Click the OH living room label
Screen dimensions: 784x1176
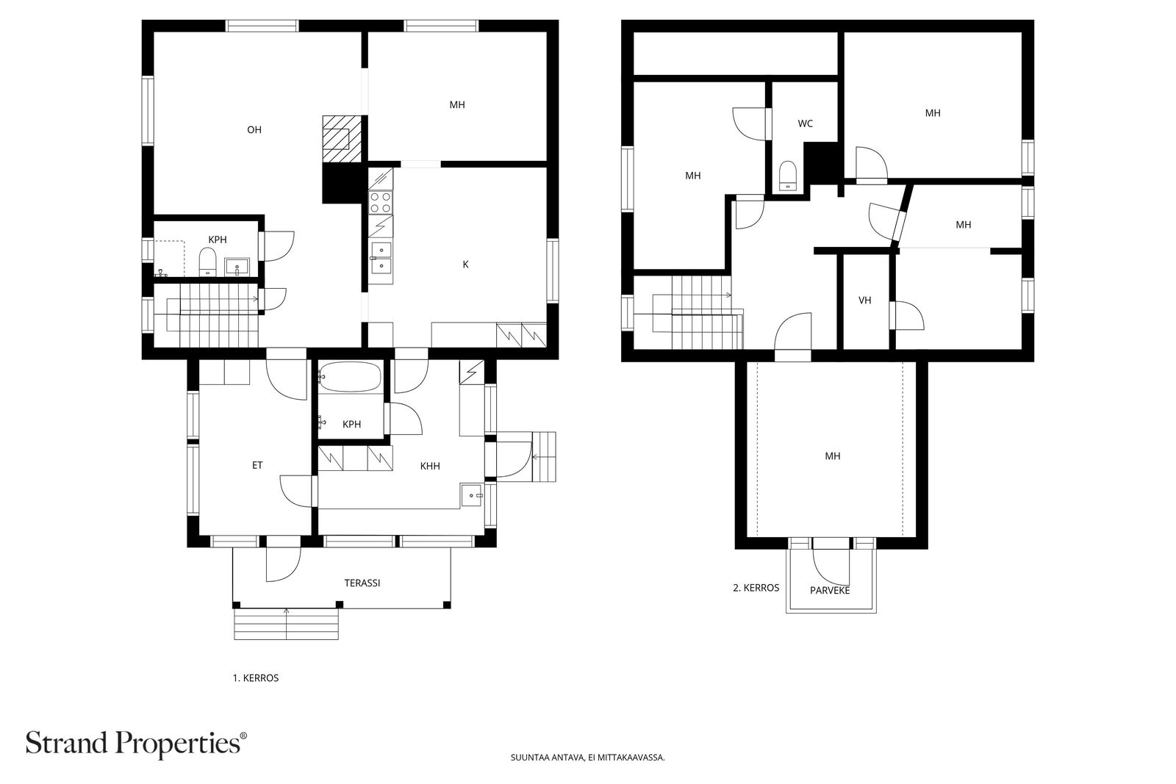pos(254,130)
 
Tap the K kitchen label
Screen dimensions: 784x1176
pos(465,265)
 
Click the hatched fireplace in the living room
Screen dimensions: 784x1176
pos(343,139)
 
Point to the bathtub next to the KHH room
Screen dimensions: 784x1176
pos(351,378)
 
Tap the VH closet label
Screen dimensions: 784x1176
pos(864,301)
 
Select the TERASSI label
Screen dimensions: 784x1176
pos(362,583)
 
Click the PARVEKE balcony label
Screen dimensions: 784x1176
pos(830,590)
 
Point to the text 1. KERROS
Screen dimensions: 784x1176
pos(256,678)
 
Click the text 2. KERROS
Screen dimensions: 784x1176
pos(756,588)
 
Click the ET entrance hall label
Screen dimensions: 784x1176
pos(257,465)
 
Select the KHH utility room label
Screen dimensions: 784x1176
pos(430,466)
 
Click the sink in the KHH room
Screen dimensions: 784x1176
pos(471,496)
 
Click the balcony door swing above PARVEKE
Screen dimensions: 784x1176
pos(831,563)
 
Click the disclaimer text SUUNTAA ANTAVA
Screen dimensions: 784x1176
pos(587,758)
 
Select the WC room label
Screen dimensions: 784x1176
pos(805,123)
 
